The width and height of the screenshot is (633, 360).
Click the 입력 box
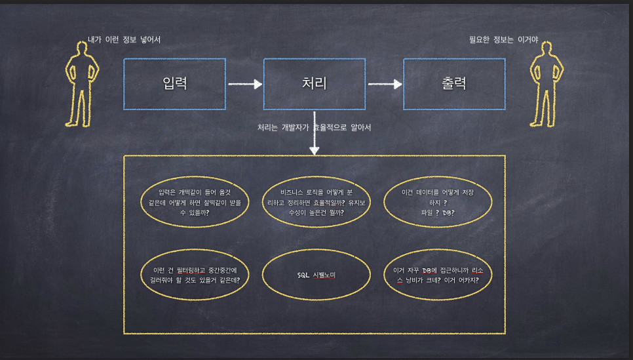(x=174, y=83)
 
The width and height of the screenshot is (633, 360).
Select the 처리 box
(x=314, y=83)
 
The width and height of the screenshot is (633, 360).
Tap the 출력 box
(x=454, y=83)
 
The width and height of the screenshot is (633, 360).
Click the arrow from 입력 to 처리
(x=244, y=84)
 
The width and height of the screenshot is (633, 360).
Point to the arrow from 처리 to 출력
(x=385, y=84)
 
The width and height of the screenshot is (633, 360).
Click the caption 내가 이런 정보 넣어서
(x=124, y=40)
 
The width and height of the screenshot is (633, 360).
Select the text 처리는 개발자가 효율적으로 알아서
(x=314, y=127)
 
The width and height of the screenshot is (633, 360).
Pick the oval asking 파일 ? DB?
(x=438, y=203)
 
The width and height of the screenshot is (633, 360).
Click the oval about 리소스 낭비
(x=438, y=275)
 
